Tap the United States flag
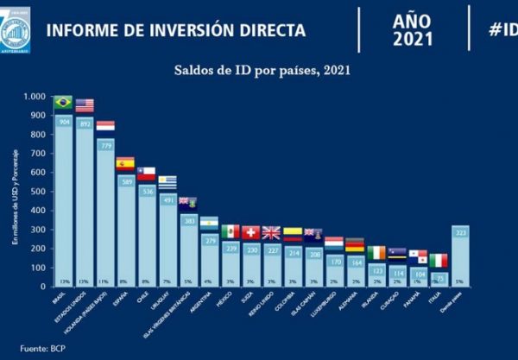(x=85, y=106)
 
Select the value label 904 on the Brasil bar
(x=63, y=122)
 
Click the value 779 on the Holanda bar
(x=105, y=145)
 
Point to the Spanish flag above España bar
(x=125, y=162)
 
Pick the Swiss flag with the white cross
(x=251, y=232)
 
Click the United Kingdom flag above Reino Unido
(x=272, y=232)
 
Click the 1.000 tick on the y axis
(x=35, y=97)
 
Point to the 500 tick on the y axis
(x=38, y=191)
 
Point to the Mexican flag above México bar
(x=231, y=231)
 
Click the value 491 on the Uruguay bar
(x=167, y=199)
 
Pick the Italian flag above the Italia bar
(x=439, y=260)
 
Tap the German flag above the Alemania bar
(x=356, y=245)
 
